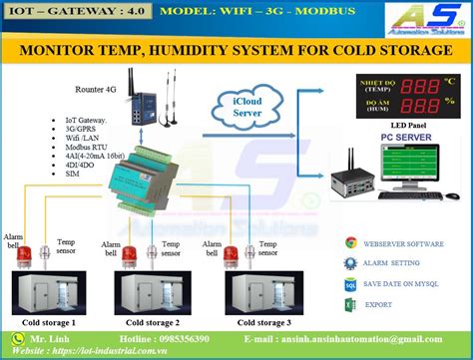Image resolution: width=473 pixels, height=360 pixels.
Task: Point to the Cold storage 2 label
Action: tap(150, 322)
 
